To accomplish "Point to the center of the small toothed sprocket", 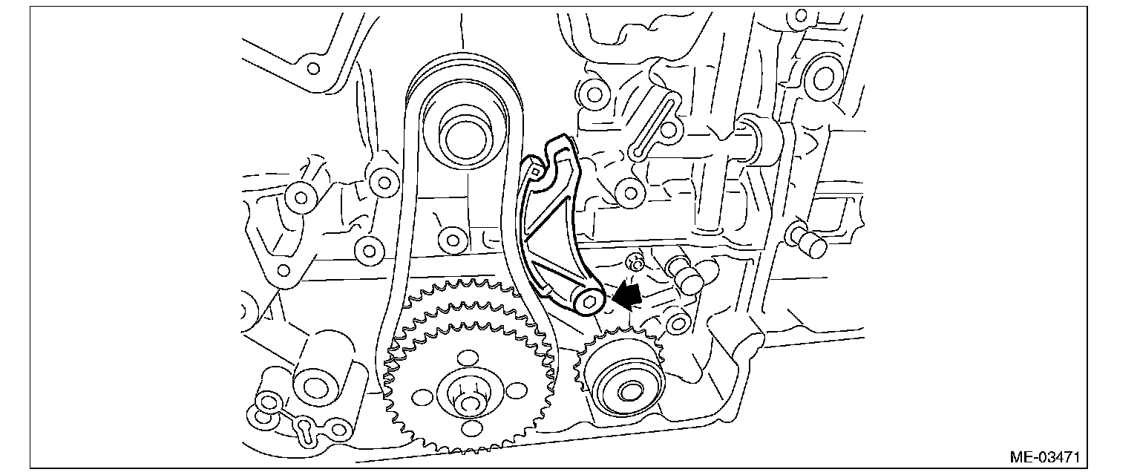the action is click(x=629, y=390).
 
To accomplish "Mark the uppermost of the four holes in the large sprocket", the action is click(x=468, y=358).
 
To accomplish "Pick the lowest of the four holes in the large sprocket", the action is click(x=471, y=428).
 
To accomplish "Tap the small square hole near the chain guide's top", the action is click(x=534, y=171).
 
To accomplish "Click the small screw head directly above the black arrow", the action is click(x=635, y=261).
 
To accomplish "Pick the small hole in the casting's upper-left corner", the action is click(x=313, y=69).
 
